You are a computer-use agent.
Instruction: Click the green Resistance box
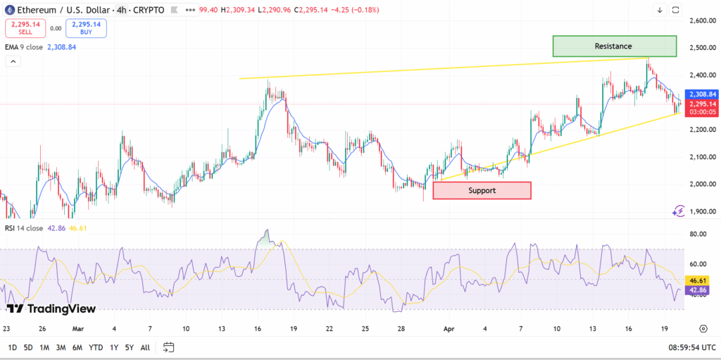[614, 46]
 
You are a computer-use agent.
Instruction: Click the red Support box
[482, 190]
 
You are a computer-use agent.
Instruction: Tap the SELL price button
[26, 28]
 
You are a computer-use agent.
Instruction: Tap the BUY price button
[86, 28]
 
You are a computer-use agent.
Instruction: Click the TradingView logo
[51, 308]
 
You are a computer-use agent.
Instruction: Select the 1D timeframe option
[13, 347]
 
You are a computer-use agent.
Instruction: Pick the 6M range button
[78, 347]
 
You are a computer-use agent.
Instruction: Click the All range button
[145, 347]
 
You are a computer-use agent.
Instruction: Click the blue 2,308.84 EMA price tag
[703, 94]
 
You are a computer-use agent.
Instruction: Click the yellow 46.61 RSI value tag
[697, 280]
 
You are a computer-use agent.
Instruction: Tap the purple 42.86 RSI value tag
[697, 290]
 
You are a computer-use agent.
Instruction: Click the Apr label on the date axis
[449, 328]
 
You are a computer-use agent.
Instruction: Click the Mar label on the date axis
[77, 328]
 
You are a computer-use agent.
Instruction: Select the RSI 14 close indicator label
[25, 228]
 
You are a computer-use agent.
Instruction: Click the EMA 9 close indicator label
[25, 47]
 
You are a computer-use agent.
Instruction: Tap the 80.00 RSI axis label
[698, 234]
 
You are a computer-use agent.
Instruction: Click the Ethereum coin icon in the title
[11, 10]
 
